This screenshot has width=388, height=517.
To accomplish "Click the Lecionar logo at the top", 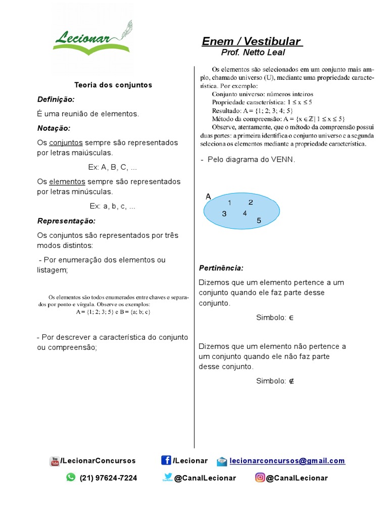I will (x=92, y=38).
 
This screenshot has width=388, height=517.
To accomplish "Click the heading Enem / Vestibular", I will (x=252, y=41).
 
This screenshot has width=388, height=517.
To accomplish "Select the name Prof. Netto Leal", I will (x=253, y=53).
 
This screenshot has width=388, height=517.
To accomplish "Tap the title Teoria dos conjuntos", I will (x=113, y=85).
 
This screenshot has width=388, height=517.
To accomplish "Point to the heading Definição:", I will (x=56, y=99).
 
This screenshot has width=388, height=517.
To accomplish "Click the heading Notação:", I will (x=54, y=128).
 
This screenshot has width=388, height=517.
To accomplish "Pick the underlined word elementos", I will (x=67, y=182).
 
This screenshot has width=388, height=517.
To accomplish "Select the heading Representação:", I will (x=66, y=221).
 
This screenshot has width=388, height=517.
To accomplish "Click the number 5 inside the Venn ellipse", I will (x=259, y=221).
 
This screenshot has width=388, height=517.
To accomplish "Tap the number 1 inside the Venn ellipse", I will (x=229, y=203).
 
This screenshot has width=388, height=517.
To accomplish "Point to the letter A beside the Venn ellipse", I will (x=208, y=197).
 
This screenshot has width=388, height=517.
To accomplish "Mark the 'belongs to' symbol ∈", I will (x=291, y=318).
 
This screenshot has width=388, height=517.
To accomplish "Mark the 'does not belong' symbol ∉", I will (x=292, y=381).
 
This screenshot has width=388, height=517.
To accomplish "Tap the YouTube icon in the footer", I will (x=55, y=461).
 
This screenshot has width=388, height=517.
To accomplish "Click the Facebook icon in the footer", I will (x=166, y=460).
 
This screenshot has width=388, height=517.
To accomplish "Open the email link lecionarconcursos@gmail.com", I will (x=287, y=461).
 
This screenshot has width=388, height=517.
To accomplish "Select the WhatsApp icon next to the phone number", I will (x=71, y=478).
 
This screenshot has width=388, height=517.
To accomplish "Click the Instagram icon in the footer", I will (x=260, y=478).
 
